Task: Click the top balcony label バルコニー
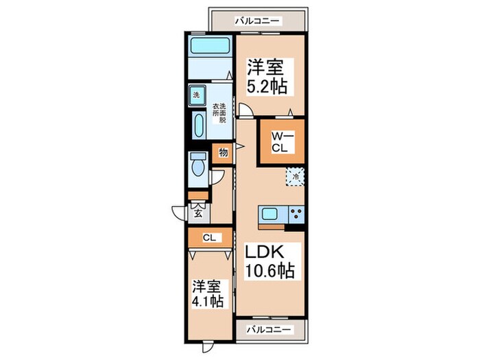pos(257,21)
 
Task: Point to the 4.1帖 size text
pos(207,301)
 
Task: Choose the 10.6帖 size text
pos(270,271)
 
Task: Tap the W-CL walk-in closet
pos(281,141)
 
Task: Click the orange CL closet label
pos(209,238)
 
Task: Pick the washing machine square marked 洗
pos(195,94)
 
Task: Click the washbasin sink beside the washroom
pos(199,127)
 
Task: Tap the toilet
pos(199,165)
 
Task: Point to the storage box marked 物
pos(223,153)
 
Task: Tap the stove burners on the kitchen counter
pos(296,213)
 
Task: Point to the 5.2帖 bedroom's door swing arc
pos(245,109)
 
